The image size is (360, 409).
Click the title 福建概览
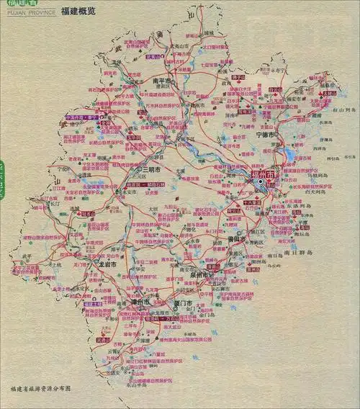click(x=81, y=12)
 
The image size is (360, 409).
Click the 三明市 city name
click(x=150, y=170)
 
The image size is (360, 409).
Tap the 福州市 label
click(x=262, y=175)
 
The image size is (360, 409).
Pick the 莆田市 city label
click(x=237, y=238)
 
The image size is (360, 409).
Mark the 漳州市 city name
click(x=139, y=302)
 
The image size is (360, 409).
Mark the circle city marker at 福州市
click(x=261, y=183)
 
